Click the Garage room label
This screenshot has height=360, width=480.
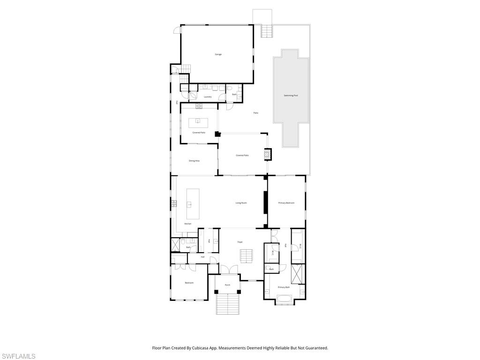tap(218, 54)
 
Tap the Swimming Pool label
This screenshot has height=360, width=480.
tap(291, 96)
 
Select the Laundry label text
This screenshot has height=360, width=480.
tap(208, 97)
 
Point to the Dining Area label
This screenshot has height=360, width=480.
tap(194, 161)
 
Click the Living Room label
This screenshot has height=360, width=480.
tap(241, 203)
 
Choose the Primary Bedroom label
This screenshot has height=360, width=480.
tap(286, 203)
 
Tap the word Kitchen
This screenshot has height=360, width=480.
tap(187, 224)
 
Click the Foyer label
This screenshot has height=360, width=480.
tap(240, 242)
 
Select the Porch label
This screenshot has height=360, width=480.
tap(227, 285)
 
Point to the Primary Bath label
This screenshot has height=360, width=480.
tap(284, 287)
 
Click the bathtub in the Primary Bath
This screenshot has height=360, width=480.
tap(285, 298)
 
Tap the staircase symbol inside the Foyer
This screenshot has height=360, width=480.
tap(247, 256)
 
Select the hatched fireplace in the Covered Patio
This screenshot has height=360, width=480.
tap(268, 155)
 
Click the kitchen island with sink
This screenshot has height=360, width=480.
tap(193, 204)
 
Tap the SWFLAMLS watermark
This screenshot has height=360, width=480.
tap(18, 356)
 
